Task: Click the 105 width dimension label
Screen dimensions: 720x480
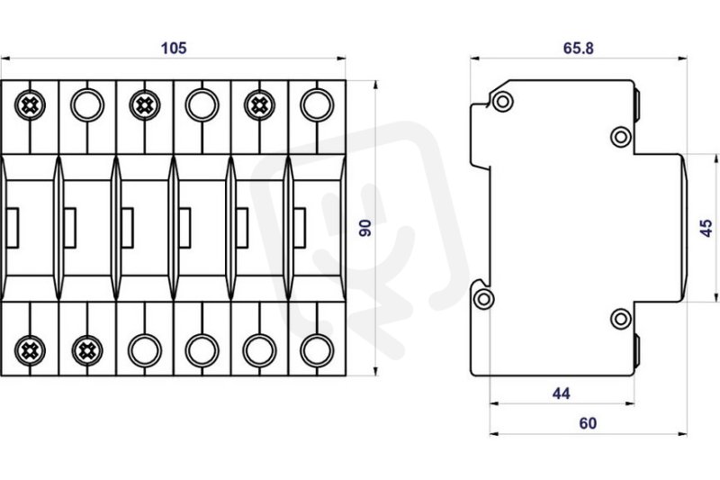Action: pyautogui.click(x=174, y=48)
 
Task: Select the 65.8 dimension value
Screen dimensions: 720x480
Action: pyautogui.click(x=578, y=48)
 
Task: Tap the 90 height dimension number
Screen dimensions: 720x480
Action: pyautogui.click(x=365, y=228)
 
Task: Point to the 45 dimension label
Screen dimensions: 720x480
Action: pyautogui.click(x=706, y=228)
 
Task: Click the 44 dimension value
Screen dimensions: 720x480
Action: pyautogui.click(x=561, y=394)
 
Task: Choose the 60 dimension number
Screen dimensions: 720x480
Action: pyautogui.click(x=588, y=423)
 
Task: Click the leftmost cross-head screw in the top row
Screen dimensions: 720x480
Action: pyautogui.click(x=30, y=105)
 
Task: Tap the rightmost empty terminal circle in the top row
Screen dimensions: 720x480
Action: pyautogui.click(x=317, y=105)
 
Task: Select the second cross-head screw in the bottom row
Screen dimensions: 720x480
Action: pyautogui.click(x=87, y=351)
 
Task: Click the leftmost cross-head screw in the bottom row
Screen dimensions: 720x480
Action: pyautogui.click(x=30, y=351)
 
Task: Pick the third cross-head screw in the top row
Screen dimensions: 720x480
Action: pyautogui.click(x=259, y=105)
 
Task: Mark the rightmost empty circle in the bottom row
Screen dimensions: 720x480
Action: pyautogui.click(x=317, y=351)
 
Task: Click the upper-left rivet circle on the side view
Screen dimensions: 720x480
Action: pyautogui.click(x=503, y=101)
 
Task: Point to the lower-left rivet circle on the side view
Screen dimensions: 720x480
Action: pyautogui.click(x=483, y=299)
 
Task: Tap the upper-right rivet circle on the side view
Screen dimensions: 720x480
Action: pyautogui.click(x=620, y=136)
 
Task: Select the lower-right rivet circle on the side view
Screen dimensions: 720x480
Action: pyautogui.click(x=620, y=319)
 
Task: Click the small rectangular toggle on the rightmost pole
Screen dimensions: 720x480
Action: pyautogui.click(x=300, y=228)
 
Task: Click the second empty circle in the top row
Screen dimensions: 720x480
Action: pyautogui.click(x=202, y=105)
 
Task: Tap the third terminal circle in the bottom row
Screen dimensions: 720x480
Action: pyautogui.click(x=145, y=351)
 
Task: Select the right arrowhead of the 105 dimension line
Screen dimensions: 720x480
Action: pyautogui.click(x=341, y=59)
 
